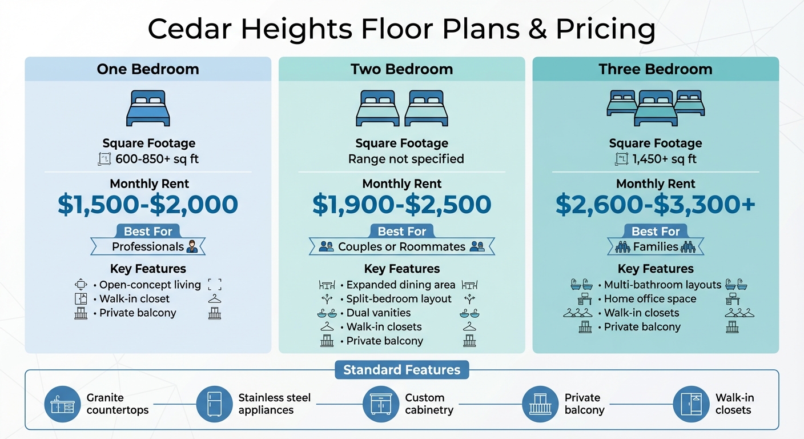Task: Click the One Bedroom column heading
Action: click(148, 69)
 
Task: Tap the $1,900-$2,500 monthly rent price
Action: click(401, 205)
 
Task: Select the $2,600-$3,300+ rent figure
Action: click(656, 205)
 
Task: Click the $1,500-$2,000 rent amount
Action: click(148, 205)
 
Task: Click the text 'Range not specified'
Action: click(406, 159)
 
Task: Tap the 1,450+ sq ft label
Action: click(664, 159)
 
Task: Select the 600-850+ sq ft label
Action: click(157, 159)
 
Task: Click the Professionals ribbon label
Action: click(148, 247)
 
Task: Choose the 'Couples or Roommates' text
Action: click(401, 247)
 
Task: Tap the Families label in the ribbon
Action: click(656, 247)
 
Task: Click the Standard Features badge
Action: click(401, 370)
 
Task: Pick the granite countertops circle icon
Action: click(62, 404)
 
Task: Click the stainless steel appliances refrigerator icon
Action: click(214, 404)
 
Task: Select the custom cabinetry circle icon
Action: click(380, 404)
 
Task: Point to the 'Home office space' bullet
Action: click(650, 299)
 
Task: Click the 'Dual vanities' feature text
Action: click(378, 313)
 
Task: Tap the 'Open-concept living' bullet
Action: click(150, 285)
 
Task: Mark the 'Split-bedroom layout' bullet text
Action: click(399, 299)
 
